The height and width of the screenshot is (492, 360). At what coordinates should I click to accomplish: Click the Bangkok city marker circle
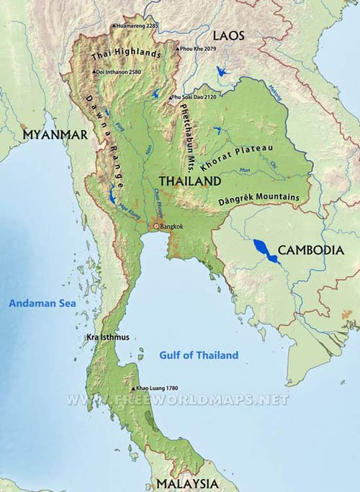(x=155, y=227)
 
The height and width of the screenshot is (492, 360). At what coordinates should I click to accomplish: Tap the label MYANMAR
(x=55, y=135)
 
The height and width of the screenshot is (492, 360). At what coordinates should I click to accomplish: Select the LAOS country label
(x=228, y=35)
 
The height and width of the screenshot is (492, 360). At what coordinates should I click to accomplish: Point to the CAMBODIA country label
(x=309, y=250)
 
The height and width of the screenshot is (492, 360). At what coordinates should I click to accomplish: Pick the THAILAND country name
(x=189, y=181)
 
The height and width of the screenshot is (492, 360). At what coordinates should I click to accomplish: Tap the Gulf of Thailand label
(x=198, y=355)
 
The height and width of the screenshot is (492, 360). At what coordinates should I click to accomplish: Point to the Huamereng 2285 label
(x=137, y=26)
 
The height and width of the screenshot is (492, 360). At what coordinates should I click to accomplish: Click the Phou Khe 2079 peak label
(x=199, y=49)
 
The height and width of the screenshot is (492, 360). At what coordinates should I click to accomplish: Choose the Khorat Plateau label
(x=238, y=157)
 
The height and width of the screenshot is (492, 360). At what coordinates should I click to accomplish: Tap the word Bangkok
(x=174, y=227)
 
